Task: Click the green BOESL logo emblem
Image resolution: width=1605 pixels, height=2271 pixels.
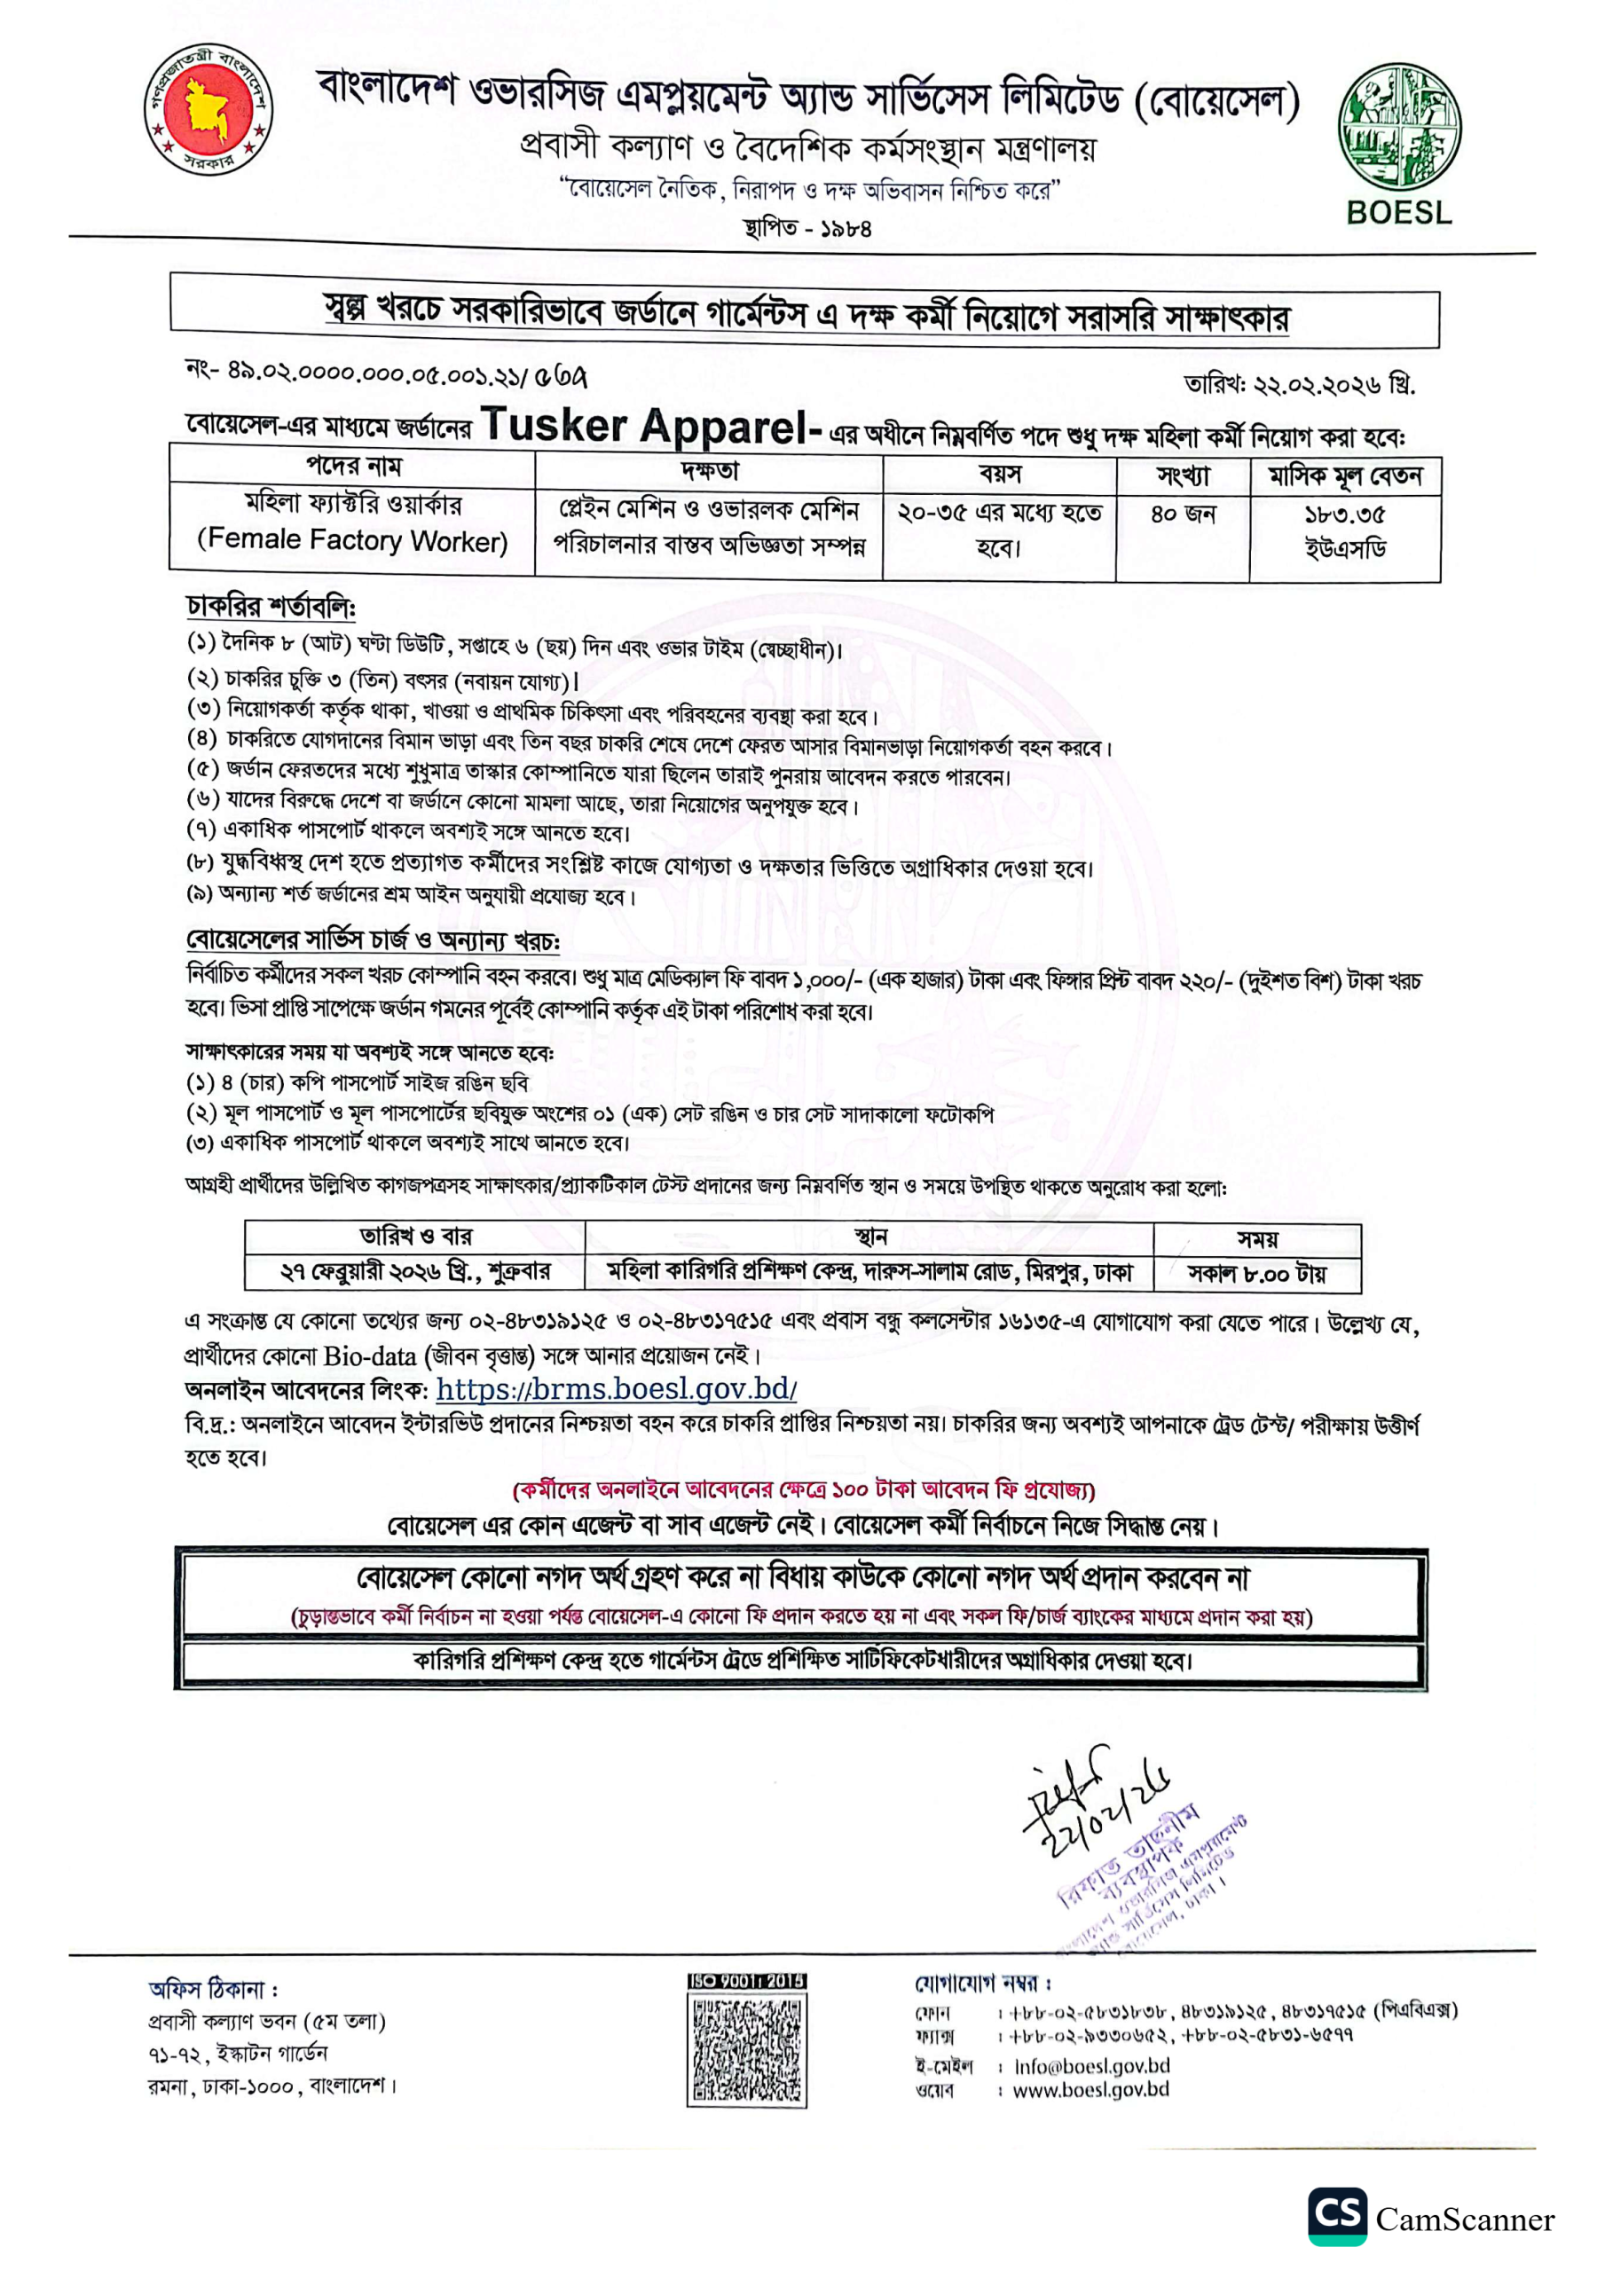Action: pos(1399,127)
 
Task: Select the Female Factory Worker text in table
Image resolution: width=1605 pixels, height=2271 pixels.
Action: pos(352,540)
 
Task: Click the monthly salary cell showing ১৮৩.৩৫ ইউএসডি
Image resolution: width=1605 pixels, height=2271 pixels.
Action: pos(1344,530)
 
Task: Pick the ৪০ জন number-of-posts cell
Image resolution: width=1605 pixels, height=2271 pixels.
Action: pos(1183,515)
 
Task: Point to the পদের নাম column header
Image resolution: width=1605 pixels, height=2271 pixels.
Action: pos(353,467)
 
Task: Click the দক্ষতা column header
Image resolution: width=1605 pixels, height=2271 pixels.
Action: pos(709,469)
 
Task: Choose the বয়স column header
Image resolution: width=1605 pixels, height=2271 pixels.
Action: pos(999,473)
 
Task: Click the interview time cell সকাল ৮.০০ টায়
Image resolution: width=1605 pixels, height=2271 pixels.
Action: pos(1255,1273)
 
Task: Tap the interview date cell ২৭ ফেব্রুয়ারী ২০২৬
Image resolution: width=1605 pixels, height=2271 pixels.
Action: pos(415,1272)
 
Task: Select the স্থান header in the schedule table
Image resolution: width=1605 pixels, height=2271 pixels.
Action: pos(869,1238)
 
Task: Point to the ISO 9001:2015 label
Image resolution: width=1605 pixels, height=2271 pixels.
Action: pos(747,1981)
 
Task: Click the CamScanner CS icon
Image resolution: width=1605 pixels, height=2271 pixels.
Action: pos(1337,2217)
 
